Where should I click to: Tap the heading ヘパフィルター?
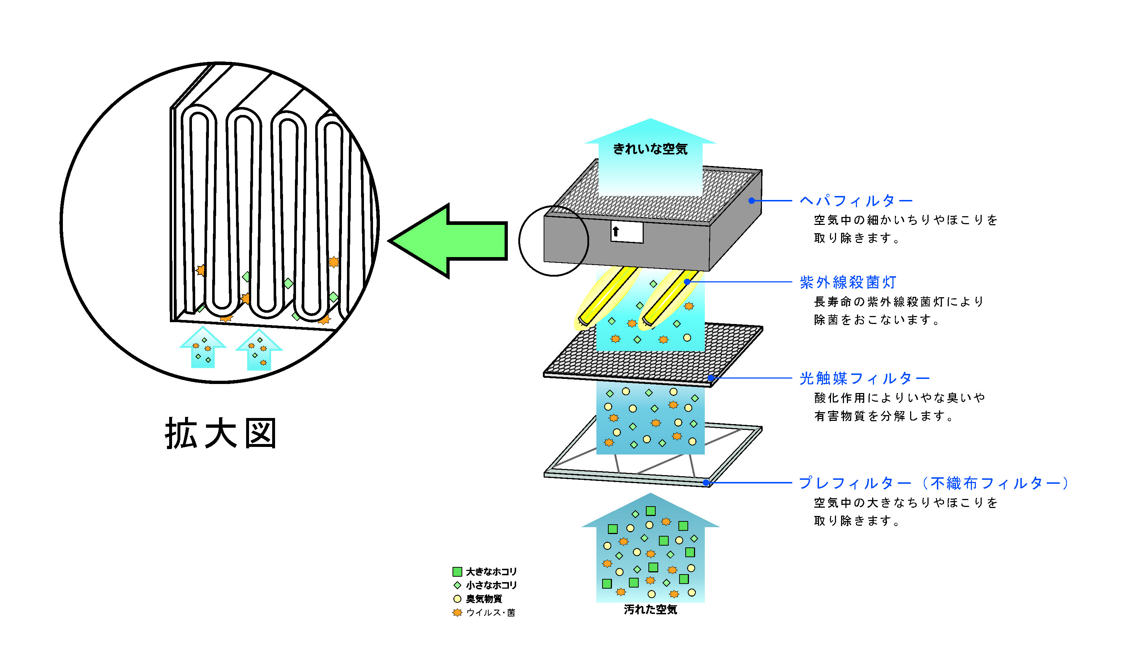click(x=856, y=201)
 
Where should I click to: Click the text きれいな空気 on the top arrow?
click(x=650, y=149)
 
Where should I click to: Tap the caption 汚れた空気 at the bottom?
click(x=650, y=610)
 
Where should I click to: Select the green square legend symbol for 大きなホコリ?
click(x=457, y=571)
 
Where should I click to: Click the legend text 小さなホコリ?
click(x=491, y=585)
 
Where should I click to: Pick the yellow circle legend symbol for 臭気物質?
click(x=457, y=599)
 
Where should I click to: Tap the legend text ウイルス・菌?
click(x=490, y=613)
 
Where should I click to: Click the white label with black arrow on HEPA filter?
click(x=627, y=232)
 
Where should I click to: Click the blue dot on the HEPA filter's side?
click(x=751, y=201)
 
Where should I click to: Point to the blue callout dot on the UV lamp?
click(x=687, y=282)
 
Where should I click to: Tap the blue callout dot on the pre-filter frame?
click(x=706, y=482)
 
